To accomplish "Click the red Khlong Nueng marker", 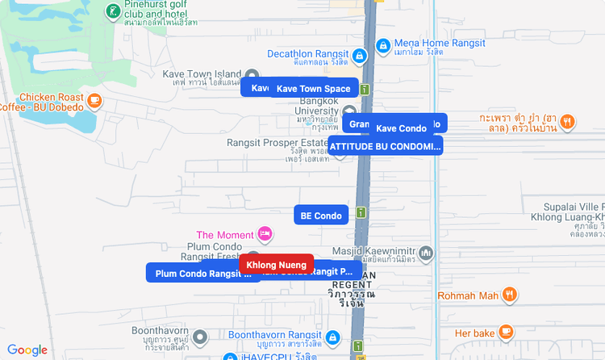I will point(277,265).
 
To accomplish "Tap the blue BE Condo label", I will point(321,216).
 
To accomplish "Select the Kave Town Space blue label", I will point(314,88).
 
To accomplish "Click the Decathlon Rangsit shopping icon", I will point(360,56).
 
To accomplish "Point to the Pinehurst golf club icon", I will point(114,11).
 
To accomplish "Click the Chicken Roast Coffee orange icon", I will point(94,101).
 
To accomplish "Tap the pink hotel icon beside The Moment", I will point(265,235).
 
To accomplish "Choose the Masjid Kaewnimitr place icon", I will point(427,253).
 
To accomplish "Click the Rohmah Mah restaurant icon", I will point(508,295).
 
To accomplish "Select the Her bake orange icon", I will point(506,332).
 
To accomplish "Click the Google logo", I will point(27,350).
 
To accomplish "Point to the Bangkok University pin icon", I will point(349,111).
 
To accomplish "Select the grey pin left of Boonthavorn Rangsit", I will point(201,336).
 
